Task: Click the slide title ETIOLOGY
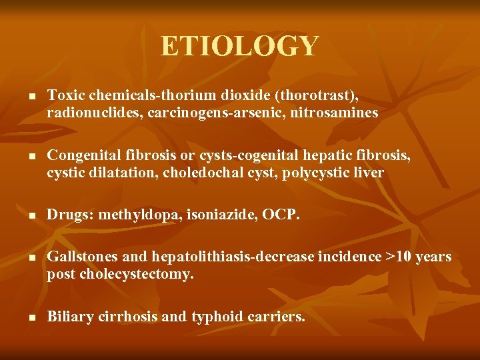click(x=240, y=47)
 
